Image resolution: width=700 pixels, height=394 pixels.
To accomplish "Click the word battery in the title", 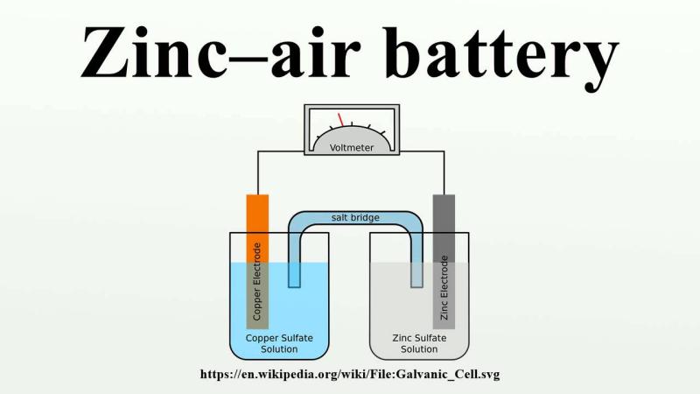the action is [x=507, y=55].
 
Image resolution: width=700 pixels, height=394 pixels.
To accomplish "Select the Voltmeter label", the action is [x=352, y=147].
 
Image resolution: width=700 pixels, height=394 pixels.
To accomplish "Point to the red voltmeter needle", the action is [x=340, y=120].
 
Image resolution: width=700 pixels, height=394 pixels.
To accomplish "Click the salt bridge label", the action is [x=355, y=217].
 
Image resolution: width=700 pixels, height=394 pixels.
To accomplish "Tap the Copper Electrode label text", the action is [x=256, y=281].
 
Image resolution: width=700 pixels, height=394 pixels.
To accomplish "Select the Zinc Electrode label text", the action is [x=444, y=288].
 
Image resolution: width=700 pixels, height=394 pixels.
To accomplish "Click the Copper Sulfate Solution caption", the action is [x=279, y=343].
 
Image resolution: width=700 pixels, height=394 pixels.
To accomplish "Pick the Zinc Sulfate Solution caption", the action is [x=419, y=343].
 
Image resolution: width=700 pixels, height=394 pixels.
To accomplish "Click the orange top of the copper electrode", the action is [x=257, y=229].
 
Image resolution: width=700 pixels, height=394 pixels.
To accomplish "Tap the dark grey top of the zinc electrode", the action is [x=444, y=229].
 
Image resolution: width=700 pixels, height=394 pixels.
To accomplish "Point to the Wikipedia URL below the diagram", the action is [x=350, y=375].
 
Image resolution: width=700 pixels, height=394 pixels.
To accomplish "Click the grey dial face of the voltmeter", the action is [x=352, y=138].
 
